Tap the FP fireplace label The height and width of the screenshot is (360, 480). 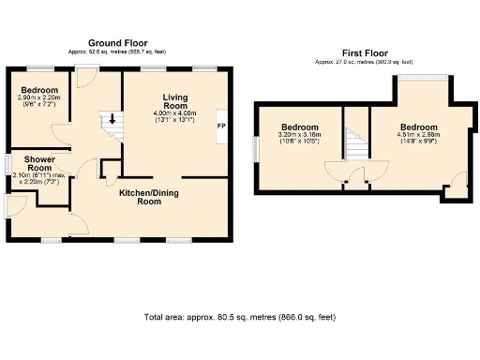pos(221,126)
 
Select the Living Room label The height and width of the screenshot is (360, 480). pos(174,101)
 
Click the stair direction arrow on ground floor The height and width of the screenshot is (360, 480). pos(112,120)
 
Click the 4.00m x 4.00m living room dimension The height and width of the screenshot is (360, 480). pos(174,115)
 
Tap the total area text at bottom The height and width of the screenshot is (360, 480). pos(239,317)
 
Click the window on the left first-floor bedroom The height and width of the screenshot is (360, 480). pos(257,147)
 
